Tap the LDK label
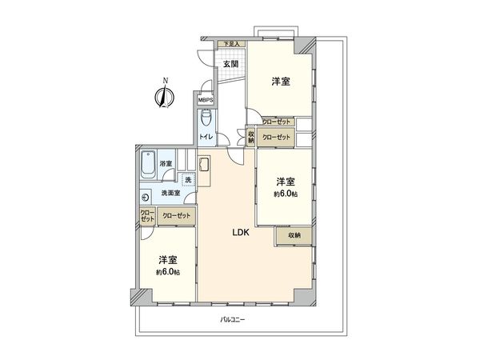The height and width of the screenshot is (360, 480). (x=242, y=233)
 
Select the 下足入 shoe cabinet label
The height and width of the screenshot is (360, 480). (x=231, y=44)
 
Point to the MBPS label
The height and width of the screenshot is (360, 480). (x=206, y=100)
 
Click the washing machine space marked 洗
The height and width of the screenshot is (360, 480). (x=188, y=180)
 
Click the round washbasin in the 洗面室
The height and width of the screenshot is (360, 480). (x=146, y=198)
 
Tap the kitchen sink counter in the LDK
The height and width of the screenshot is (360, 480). (x=204, y=170)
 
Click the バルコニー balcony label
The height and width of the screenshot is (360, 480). (x=232, y=320)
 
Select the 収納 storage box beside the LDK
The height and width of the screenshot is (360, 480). (x=294, y=235)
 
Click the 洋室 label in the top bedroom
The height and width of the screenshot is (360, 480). (x=280, y=82)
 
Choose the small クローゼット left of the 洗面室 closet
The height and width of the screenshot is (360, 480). (x=148, y=216)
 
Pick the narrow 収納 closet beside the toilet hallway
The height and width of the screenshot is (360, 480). (x=251, y=137)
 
